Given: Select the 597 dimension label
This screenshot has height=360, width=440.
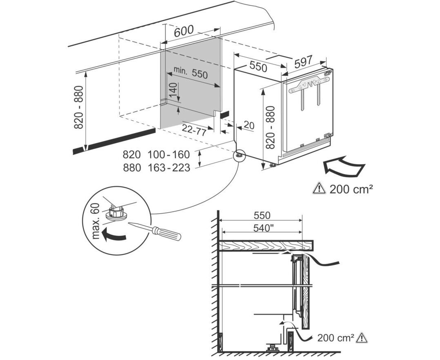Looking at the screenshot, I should pyautogui.click(x=303, y=61).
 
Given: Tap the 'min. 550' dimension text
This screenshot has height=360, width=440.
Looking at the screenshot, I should pyautogui.click(x=191, y=72).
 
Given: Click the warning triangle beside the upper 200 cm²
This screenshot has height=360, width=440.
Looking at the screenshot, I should pyautogui.click(x=318, y=189).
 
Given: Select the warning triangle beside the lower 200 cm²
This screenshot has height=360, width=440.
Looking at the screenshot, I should pyautogui.click(x=361, y=337).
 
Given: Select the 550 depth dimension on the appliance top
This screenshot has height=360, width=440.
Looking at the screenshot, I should pyautogui.click(x=258, y=66).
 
